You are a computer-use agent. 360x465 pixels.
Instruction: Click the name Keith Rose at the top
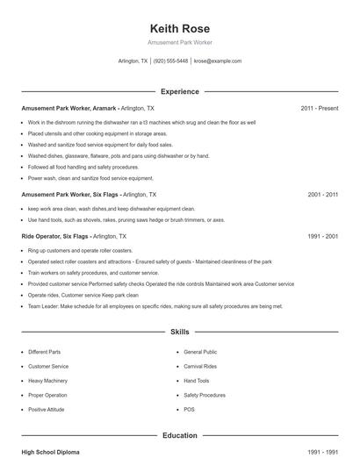(180, 27)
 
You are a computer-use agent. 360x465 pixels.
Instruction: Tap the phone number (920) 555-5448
(171, 61)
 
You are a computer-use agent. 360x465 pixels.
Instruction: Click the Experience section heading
(180, 91)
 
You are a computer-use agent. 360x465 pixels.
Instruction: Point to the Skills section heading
(180, 333)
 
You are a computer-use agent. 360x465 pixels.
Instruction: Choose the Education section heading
(180, 435)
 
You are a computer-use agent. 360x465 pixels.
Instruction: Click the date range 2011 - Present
(320, 108)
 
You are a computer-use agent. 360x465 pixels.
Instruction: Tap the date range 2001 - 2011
(322, 194)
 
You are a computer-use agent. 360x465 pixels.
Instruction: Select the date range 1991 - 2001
(322, 237)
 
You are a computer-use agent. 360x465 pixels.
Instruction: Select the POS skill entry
(189, 410)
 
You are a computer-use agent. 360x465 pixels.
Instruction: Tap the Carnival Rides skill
(201, 366)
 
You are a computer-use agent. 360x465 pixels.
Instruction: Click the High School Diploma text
(50, 452)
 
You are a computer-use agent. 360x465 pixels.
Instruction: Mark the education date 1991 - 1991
(322, 452)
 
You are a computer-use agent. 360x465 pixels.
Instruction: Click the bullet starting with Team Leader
(155, 306)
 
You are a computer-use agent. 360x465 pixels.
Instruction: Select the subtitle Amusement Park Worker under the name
(180, 42)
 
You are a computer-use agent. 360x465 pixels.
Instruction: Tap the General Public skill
(200, 352)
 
